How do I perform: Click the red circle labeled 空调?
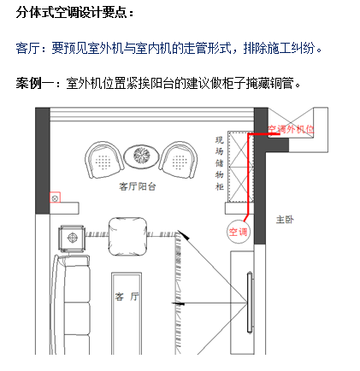pyautogui.click(x=238, y=232)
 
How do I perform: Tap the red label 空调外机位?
pyautogui.click(x=291, y=129)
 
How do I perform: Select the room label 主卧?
pyautogui.click(x=285, y=220)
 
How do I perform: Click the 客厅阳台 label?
pyautogui.click(x=138, y=186)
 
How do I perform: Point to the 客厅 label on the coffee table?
pyautogui.click(x=127, y=297)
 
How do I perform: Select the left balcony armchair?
pyautogui.click(x=104, y=160)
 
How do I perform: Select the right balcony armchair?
pyautogui.click(x=179, y=160)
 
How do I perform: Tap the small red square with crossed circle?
pyautogui.click(x=55, y=197)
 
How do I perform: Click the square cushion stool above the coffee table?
pyautogui.click(x=127, y=236)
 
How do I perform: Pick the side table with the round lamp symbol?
pyautogui.click(x=72, y=238)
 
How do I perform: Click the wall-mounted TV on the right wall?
pyautogui.click(x=250, y=302)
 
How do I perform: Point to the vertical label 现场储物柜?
pyautogui.click(x=219, y=163)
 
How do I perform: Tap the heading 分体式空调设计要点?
pyautogui.click(x=74, y=13)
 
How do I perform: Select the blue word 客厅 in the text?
pyautogui.click(x=27, y=48)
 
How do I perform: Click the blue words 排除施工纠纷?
pyautogui.click(x=279, y=48)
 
